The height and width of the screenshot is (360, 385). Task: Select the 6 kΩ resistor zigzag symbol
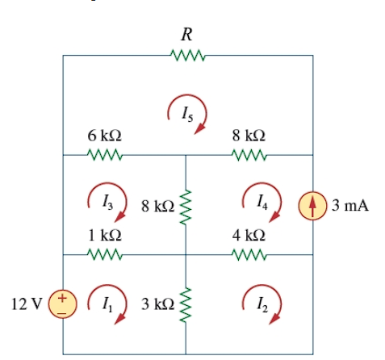[x=104, y=154]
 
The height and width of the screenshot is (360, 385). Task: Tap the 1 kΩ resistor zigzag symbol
[x=104, y=255]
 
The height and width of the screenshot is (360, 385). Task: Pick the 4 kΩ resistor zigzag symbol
[x=249, y=255]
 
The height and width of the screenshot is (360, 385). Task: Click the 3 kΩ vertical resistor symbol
[x=186, y=304]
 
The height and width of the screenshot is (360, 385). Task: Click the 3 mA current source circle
[x=314, y=205]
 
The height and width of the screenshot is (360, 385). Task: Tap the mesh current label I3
[x=107, y=201]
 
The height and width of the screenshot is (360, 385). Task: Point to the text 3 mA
[x=350, y=205]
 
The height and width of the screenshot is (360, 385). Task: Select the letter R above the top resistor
[x=186, y=35]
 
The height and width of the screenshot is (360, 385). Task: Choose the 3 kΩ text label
[x=157, y=304]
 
